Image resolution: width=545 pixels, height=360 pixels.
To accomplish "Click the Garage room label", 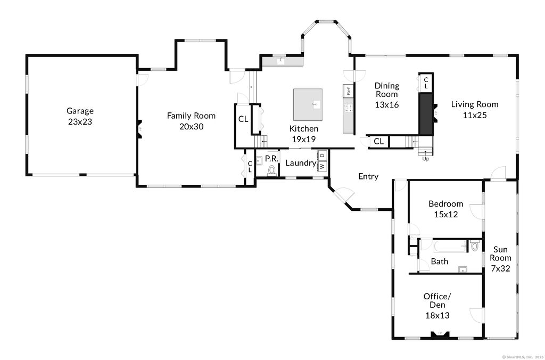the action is point(80,111).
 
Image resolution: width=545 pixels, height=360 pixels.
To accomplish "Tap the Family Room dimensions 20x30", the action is point(191,127).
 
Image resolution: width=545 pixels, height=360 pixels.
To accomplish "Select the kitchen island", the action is point(308,104).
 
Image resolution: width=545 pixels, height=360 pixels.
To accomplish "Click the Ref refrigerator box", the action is point(348,91).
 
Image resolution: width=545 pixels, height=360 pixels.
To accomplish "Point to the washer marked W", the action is point(322,166).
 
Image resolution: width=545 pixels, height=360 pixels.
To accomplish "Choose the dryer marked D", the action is point(322,155).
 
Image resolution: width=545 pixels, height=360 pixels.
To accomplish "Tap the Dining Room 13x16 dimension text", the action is point(387,105).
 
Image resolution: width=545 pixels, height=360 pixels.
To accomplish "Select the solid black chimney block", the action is point(425,113).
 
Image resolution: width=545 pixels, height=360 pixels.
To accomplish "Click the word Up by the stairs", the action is point(425,159).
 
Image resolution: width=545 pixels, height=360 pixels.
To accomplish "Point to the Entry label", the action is point(368,177).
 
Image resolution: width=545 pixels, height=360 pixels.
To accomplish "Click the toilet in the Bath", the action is point(475,246).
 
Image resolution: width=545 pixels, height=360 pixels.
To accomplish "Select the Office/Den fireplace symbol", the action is point(440,334).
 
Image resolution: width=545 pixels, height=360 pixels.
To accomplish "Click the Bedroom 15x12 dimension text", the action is point(445,215).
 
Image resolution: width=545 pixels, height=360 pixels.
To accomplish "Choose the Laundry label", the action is point(301,163).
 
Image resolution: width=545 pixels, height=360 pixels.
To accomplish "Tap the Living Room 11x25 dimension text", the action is point(475,115).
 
